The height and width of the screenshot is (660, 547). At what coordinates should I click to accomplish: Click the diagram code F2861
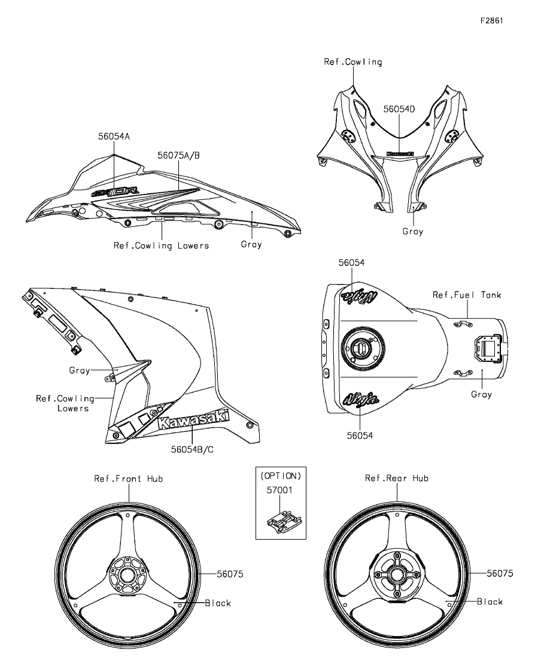491,20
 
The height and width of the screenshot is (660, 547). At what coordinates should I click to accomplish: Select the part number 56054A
114,136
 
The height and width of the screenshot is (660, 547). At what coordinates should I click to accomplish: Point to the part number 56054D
399,110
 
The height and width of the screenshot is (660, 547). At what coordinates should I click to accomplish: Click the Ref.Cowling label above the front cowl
353,62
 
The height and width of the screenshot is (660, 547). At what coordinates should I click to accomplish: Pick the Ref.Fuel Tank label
467,295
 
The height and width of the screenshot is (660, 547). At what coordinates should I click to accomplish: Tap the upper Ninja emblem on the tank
359,296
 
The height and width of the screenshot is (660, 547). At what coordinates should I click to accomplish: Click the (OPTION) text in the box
281,476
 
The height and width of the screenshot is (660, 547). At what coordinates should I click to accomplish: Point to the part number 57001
281,489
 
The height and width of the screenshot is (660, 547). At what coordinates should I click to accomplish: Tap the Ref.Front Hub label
128,479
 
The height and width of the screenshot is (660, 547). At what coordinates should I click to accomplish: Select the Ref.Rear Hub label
397,478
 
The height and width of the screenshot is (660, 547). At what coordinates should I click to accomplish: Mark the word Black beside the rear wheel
490,602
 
